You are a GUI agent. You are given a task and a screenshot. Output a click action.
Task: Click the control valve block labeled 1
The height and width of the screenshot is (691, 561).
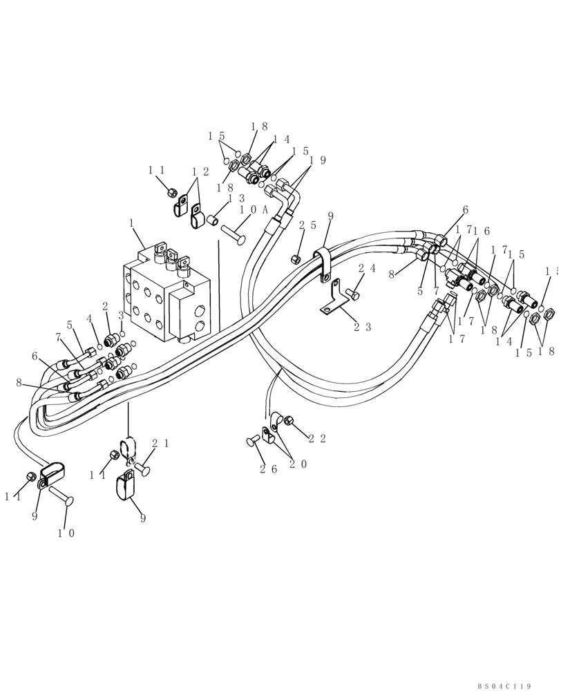(x=166, y=294)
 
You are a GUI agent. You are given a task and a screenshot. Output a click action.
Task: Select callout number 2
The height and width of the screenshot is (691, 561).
(x=105, y=306)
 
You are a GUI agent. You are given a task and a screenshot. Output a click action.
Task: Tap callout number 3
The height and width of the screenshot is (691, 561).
(x=122, y=315)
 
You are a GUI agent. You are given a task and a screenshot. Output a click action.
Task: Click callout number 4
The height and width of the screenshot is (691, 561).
(x=89, y=319)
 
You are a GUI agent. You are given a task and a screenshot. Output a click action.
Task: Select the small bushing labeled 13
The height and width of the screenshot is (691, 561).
(x=215, y=220)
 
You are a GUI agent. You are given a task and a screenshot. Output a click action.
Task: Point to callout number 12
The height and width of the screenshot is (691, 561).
(x=200, y=171)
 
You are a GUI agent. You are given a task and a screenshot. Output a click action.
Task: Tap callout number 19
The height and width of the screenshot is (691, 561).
(x=317, y=160)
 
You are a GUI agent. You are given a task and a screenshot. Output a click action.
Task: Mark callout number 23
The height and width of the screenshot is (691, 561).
(x=363, y=327)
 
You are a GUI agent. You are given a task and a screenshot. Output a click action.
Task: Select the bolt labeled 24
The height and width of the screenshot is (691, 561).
(x=354, y=295)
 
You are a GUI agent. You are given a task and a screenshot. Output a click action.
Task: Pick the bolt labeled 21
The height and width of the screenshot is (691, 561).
(x=142, y=469)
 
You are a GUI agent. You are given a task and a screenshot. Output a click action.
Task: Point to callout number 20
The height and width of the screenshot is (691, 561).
(x=298, y=464)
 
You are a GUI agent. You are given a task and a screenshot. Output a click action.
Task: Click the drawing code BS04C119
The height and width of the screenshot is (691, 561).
(x=504, y=686)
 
